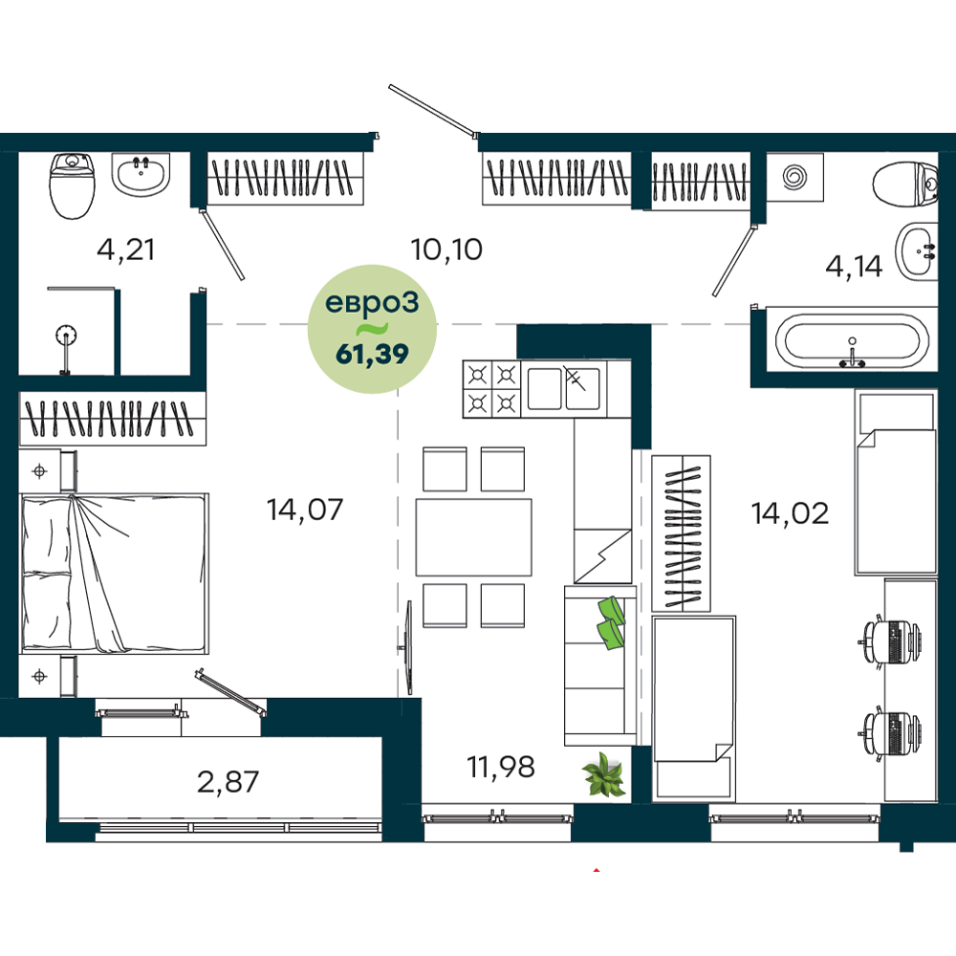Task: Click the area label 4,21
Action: (x=125, y=250)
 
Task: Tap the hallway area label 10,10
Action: (x=446, y=250)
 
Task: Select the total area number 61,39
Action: (x=372, y=354)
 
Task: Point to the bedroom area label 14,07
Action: (x=305, y=510)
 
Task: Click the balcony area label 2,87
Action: (x=228, y=782)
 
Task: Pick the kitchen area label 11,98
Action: (x=501, y=767)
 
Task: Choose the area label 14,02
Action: (x=790, y=513)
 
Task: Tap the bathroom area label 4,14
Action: (x=854, y=267)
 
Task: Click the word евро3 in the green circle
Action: (x=372, y=303)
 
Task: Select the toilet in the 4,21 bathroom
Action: (x=73, y=185)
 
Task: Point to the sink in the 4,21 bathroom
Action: (x=141, y=174)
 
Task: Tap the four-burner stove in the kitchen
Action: (x=491, y=389)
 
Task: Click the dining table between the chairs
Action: (x=474, y=537)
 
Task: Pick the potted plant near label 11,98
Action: (x=603, y=775)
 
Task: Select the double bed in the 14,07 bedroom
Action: (x=114, y=574)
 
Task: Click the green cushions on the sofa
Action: (x=611, y=622)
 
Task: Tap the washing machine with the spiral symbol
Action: (x=795, y=177)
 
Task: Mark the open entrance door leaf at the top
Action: (x=432, y=110)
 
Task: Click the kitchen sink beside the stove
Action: (x=564, y=388)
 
